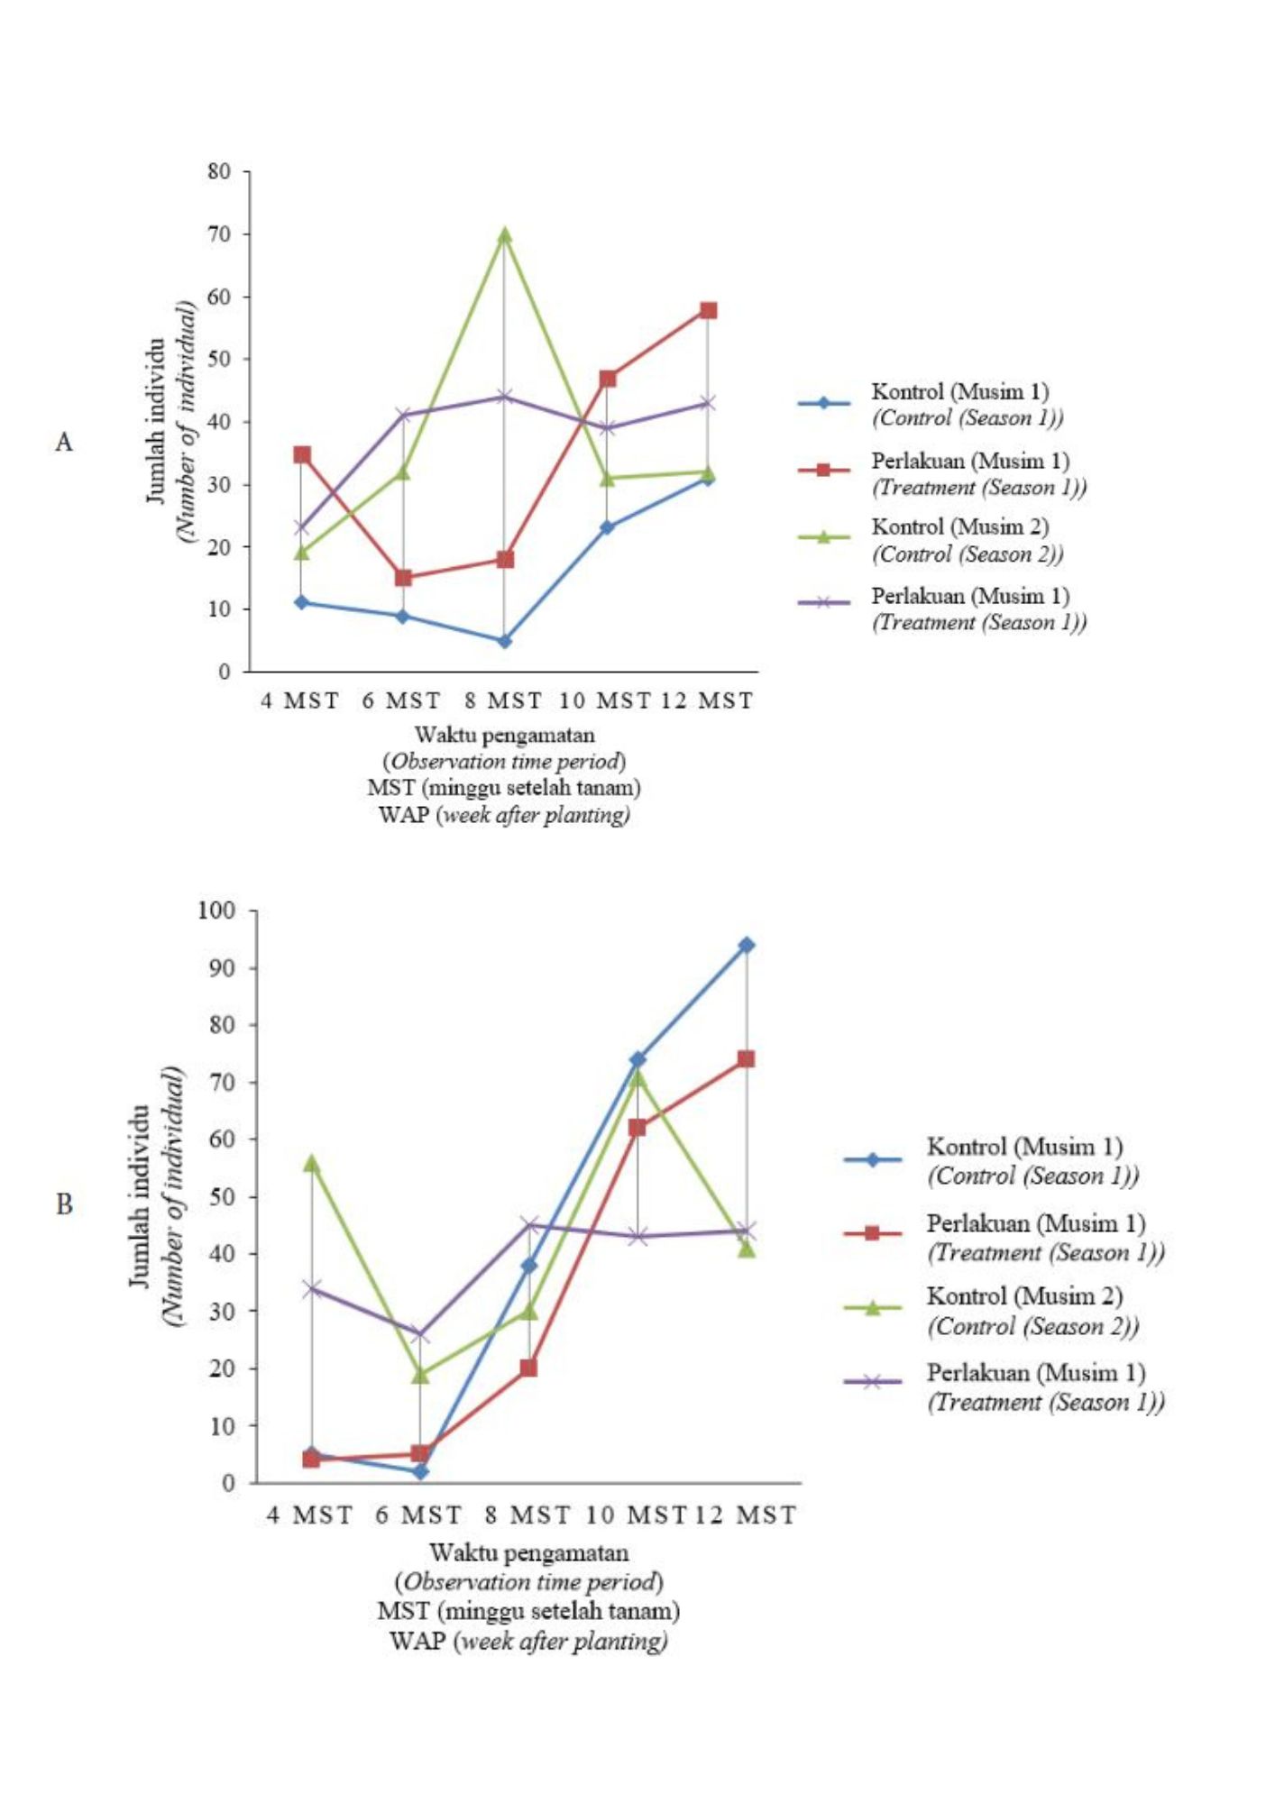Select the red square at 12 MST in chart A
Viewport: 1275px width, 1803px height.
[708, 310]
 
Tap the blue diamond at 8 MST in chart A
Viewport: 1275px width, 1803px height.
[504, 641]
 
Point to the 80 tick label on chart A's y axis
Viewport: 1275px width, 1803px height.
[219, 171]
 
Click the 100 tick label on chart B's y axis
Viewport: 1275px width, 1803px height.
[216, 911]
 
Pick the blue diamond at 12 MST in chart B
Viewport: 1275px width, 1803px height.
[747, 945]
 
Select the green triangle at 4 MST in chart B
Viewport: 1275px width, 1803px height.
[311, 1164]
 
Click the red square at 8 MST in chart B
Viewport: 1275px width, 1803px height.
[528, 1368]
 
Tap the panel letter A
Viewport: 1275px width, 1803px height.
[64, 442]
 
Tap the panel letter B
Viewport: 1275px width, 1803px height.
[64, 1204]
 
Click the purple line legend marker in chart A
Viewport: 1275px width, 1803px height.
[823, 602]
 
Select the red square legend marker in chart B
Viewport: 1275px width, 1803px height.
[872, 1232]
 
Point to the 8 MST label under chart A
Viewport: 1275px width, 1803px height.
[503, 700]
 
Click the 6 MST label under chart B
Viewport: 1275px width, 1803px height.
[418, 1515]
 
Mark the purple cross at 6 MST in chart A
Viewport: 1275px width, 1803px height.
[403, 415]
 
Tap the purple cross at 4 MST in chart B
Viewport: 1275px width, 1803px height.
[311, 1288]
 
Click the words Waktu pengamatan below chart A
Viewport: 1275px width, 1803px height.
[504, 735]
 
